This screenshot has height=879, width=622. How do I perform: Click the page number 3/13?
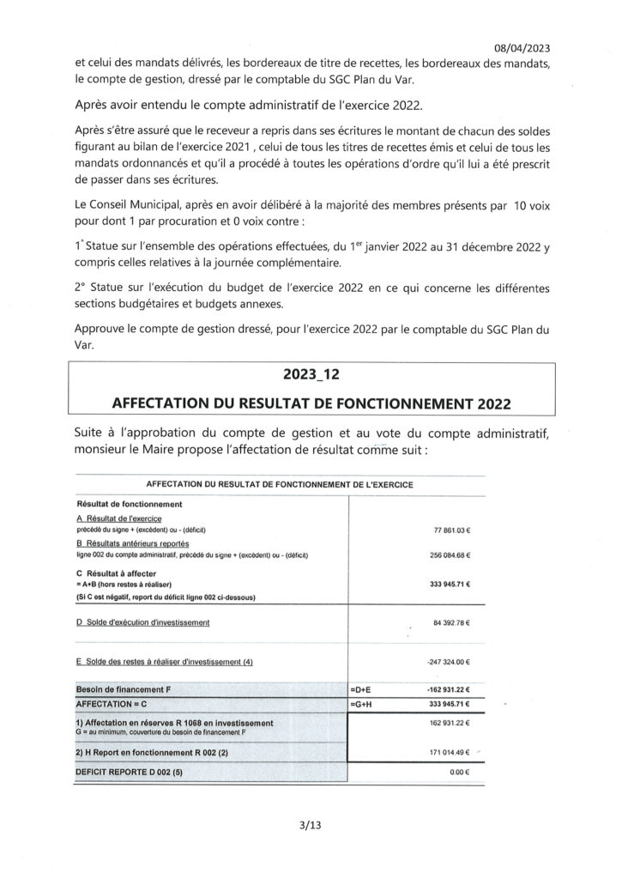pyautogui.click(x=311, y=826)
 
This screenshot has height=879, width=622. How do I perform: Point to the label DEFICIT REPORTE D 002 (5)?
pyautogui.click(x=130, y=773)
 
